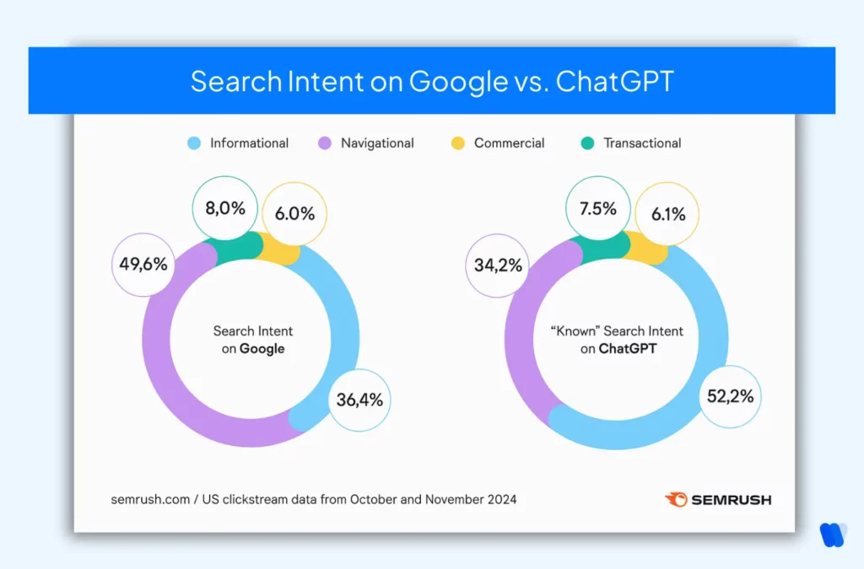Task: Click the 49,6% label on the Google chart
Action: coord(143,264)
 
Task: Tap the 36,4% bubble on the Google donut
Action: coord(359,399)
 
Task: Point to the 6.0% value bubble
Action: coord(294,214)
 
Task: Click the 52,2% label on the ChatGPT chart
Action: coord(730,395)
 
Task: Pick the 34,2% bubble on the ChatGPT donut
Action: coord(498,266)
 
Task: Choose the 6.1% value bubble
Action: coord(666,214)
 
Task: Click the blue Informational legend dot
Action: coord(194,143)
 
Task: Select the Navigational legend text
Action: coord(377,143)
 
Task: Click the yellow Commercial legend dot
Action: coord(457,143)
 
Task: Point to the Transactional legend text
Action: coord(642,143)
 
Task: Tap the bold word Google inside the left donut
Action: coord(262,348)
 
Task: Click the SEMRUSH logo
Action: coord(718,499)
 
